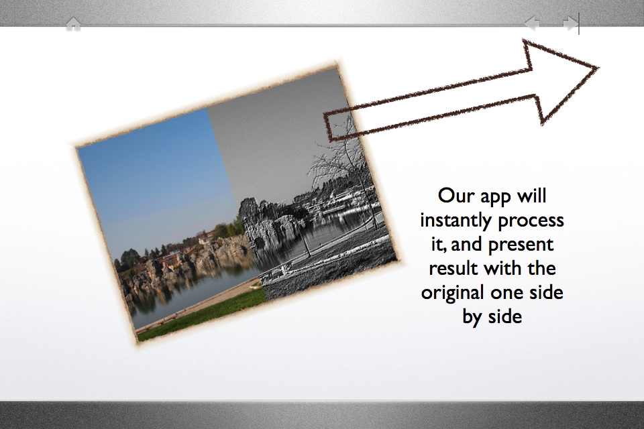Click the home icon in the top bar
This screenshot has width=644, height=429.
(x=73, y=23)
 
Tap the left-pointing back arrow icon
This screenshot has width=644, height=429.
(x=532, y=23)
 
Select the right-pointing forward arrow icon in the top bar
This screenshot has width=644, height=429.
(x=571, y=23)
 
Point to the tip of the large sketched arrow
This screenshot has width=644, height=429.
(x=598, y=68)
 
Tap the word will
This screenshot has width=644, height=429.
(x=532, y=196)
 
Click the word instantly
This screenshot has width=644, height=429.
(x=453, y=221)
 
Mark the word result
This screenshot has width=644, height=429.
(x=453, y=269)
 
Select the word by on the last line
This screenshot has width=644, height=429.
(x=472, y=317)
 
